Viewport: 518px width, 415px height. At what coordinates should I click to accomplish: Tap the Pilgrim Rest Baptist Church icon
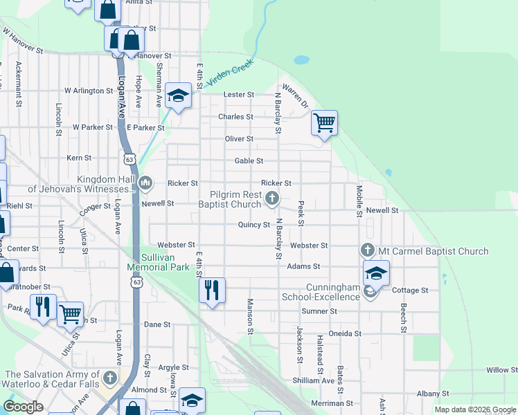tap(272, 200)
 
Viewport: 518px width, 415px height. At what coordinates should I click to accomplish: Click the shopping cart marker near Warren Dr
tap(324, 124)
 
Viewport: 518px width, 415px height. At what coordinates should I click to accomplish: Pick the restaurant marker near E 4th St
tap(212, 289)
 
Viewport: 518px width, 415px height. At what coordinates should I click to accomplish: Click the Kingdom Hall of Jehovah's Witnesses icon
tap(145, 183)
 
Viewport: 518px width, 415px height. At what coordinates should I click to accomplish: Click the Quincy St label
tap(253, 225)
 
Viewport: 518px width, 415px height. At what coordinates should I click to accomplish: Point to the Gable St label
tap(249, 160)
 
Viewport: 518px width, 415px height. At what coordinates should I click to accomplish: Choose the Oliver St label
tap(240, 139)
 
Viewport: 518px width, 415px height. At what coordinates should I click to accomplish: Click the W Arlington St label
tap(88, 91)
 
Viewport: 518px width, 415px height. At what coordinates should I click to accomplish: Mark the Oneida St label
tap(345, 333)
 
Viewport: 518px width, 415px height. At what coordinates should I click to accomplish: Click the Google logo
tap(23, 407)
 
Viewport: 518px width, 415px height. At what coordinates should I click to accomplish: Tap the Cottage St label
tap(410, 290)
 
